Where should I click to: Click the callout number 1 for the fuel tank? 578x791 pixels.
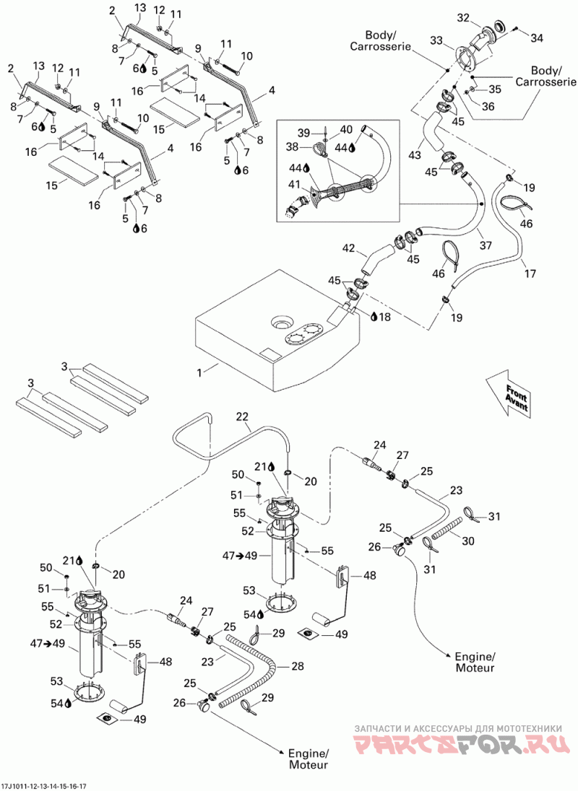coord(200,373)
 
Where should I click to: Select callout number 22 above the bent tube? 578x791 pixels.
coord(243,416)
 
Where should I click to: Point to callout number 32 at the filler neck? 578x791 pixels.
coord(463,18)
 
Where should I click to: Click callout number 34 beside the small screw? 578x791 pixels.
coord(537,38)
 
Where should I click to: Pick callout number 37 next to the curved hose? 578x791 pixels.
coord(486,246)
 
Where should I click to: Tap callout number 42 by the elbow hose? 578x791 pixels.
coord(349,248)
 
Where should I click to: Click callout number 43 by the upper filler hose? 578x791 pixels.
coord(415,155)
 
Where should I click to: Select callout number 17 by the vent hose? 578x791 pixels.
coord(530,274)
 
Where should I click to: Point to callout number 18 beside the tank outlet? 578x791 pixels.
coord(385,316)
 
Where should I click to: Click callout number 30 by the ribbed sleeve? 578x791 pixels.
coord(468,541)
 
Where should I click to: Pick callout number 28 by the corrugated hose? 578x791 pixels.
coord(298,666)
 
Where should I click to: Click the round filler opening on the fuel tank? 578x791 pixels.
coord(281,321)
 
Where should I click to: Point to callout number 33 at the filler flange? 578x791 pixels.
coord(437,40)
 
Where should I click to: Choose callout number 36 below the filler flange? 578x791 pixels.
coord(488,106)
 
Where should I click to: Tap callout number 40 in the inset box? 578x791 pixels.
coord(346,130)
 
